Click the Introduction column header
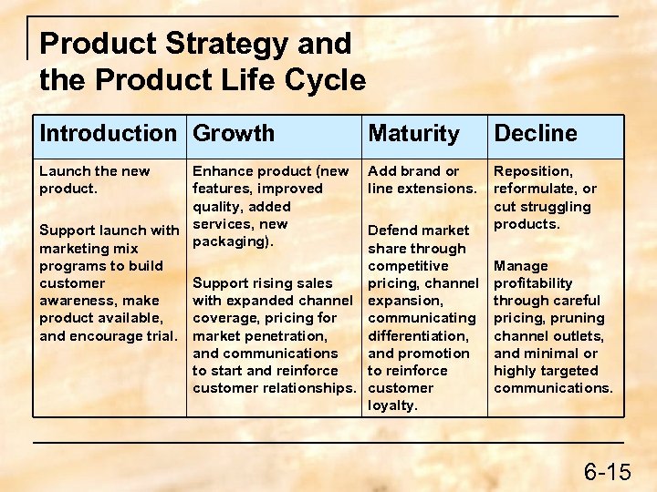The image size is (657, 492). tap(108, 133)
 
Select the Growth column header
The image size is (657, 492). tap(234, 133)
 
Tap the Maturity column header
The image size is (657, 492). tap(413, 133)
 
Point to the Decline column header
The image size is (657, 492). tap(536, 133)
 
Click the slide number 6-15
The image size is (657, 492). tap(607, 471)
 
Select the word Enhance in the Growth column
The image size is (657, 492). tap(222, 170)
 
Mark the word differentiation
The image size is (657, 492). tap(418, 335)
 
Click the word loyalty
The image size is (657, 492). tap(392, 405)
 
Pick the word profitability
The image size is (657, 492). tap(533, 283)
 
